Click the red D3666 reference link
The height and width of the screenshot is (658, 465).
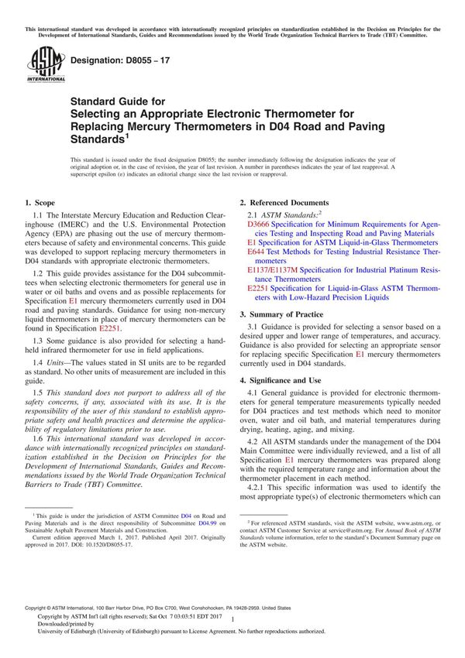257,223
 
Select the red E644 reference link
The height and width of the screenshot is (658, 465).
256,252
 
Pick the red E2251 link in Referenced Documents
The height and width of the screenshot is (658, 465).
258,288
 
